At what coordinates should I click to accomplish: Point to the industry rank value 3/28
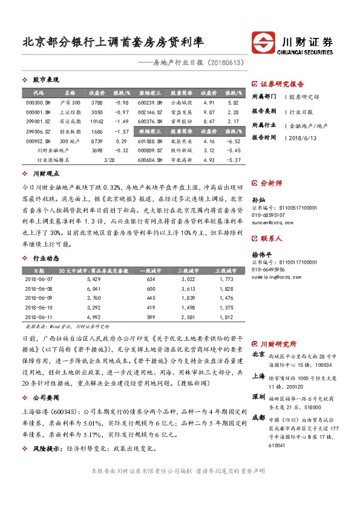pos(110,160)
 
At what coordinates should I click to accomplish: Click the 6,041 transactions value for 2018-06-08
pos(93,289)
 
